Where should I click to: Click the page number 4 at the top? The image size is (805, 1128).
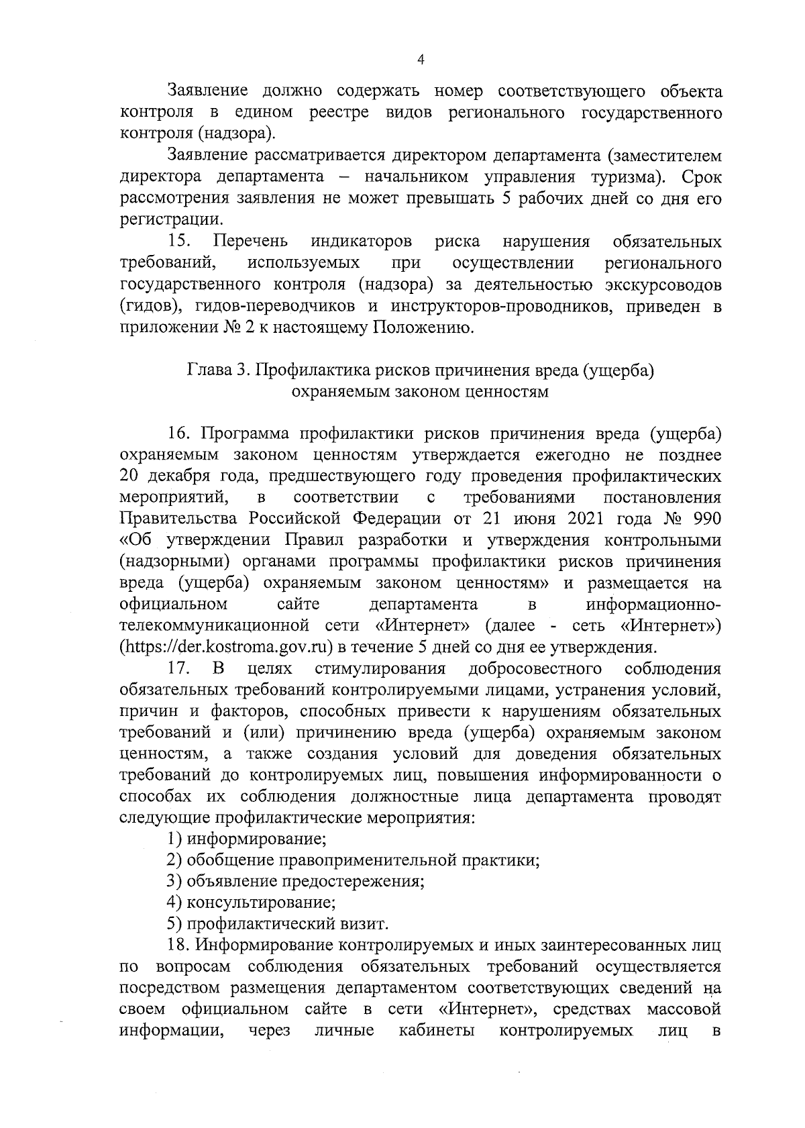pyautogui.click(x=421, y=60)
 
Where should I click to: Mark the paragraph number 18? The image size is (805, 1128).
pyautogui.click(x=180, y=946)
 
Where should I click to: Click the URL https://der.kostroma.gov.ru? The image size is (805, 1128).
pyautogui.click(x=229, y=648)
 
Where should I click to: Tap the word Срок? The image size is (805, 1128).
pyautogui.click(x=701, y=177)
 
